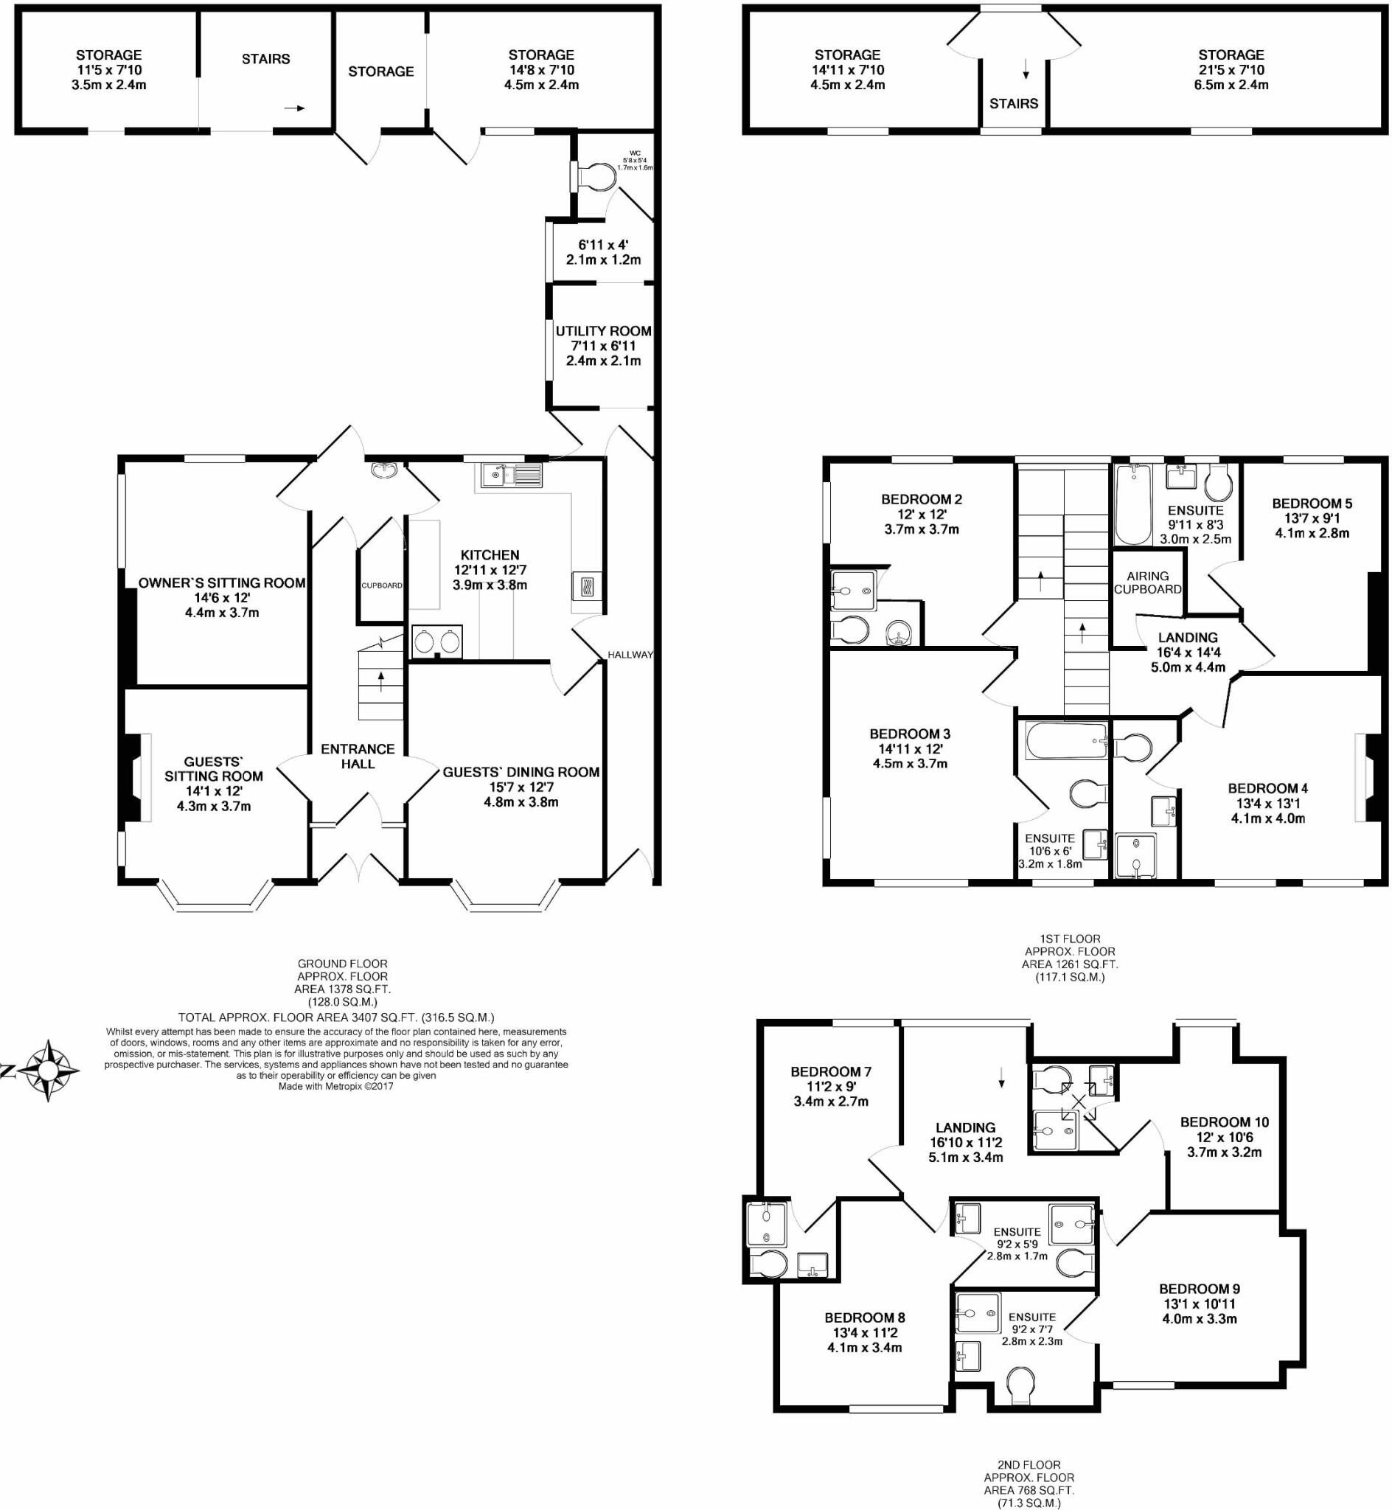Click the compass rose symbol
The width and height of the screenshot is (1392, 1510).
(48, 1070)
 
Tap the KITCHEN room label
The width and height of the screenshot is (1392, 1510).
(490, 555)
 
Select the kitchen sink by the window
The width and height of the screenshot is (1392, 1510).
(511, 476)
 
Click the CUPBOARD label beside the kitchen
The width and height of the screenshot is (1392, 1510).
(382, 585)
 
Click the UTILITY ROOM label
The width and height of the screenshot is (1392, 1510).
(603, 331)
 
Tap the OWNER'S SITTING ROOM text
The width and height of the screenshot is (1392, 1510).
(221, 583)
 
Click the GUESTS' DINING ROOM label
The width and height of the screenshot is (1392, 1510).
(521, 772)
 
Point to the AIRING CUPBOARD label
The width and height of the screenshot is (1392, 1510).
(1148, 583)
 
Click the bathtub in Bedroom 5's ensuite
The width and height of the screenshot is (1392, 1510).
(1133, 503)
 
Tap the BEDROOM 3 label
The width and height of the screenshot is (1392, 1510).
(910, 734)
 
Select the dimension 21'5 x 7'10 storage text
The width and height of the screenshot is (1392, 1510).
(1231, 70)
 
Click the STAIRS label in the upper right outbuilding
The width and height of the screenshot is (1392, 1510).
(1014, 103)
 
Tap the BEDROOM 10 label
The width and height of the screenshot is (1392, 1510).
(1225, 1122)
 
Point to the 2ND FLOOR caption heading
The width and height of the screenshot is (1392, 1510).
(1029, 1465)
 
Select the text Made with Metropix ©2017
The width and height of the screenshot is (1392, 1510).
(336, 1086)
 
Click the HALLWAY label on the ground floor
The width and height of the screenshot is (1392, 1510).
(630, 655)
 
